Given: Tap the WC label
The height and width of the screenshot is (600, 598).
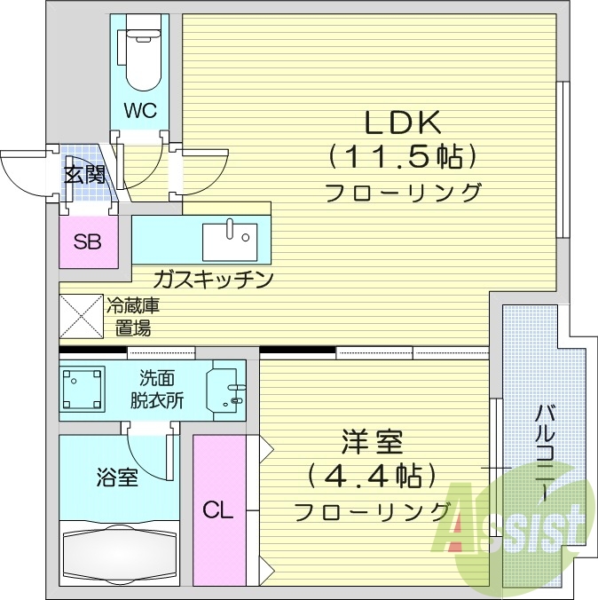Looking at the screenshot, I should coord(140,111).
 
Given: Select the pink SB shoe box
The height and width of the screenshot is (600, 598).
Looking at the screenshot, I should coord(87,241).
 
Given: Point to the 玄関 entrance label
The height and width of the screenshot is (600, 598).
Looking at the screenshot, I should coord(84,174).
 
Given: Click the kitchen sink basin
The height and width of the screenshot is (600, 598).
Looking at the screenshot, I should coord(231,238).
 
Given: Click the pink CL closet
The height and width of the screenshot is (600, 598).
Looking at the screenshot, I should coord(216,510).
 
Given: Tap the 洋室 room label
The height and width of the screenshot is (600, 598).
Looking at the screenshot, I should coord(374,441).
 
